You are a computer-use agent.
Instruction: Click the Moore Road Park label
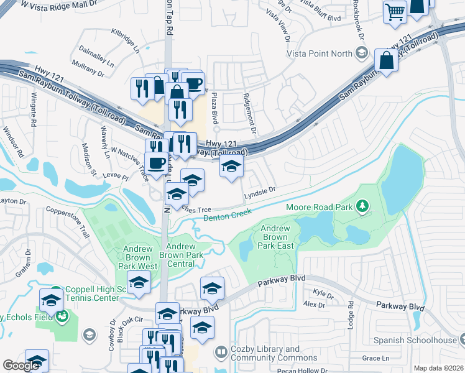319,206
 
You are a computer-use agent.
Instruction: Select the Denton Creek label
227,213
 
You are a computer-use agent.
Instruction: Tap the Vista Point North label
319,53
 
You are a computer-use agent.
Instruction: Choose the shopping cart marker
395,12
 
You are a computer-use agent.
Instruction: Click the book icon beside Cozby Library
221,353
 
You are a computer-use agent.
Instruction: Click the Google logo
21,366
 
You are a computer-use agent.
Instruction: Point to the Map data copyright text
438,368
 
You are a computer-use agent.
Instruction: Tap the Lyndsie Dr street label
259,191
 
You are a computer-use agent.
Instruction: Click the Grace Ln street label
375,358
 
